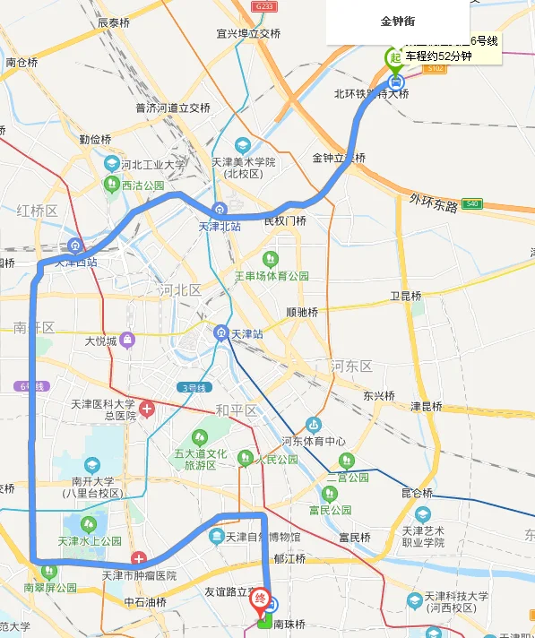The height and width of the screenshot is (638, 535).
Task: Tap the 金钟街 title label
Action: pyautogui.click(x=397, y=21)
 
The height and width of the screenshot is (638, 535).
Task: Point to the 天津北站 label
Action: pyautogui.click(x=220, y=227)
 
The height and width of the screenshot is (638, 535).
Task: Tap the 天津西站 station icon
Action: pyautogui.click(x=74, y=246)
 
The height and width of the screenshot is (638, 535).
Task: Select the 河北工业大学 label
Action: pyautogui.click(x=153, y=164)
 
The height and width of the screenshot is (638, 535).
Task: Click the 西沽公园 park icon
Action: pyautogui.click(x=112, y=184)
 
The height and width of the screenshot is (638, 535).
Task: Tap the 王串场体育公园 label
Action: pyautogui.click(x=272, y=276)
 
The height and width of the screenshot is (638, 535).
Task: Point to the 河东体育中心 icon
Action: pyautogui.click(x=313, y=425)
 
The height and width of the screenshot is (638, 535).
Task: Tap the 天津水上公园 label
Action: pyautogui.click(x=90, y=541)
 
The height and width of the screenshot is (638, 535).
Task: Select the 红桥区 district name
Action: pyautogui.click(x=37, y=211)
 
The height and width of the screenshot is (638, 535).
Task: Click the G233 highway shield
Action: pyautogui.click(x=263, y=5)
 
